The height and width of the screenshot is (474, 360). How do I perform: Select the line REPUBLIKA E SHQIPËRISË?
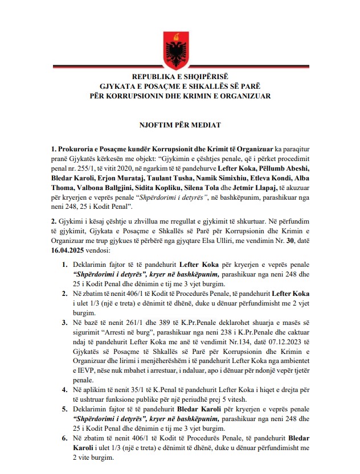(179, 76)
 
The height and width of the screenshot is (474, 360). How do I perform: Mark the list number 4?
(65, 391)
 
